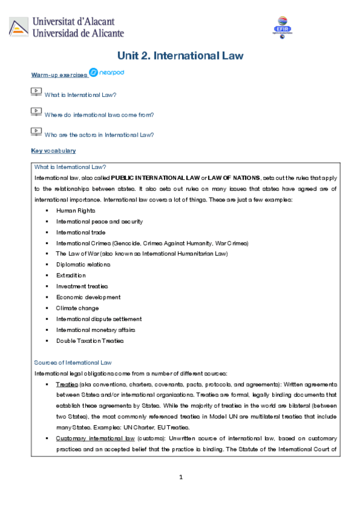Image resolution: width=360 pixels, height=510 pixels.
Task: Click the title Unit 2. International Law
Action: [180, 56]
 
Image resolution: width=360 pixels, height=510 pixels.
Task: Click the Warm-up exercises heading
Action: [58, 75]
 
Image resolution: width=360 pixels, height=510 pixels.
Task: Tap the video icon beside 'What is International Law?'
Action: [36, 93]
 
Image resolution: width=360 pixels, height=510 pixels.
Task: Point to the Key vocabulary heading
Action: [53, 150]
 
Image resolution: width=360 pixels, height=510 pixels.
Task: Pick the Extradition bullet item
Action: [71, 275]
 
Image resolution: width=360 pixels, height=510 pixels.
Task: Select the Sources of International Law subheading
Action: [73, 363]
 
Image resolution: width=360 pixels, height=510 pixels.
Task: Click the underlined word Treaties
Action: [66, 384]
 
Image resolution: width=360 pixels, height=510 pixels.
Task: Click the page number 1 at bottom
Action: [180, 477]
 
